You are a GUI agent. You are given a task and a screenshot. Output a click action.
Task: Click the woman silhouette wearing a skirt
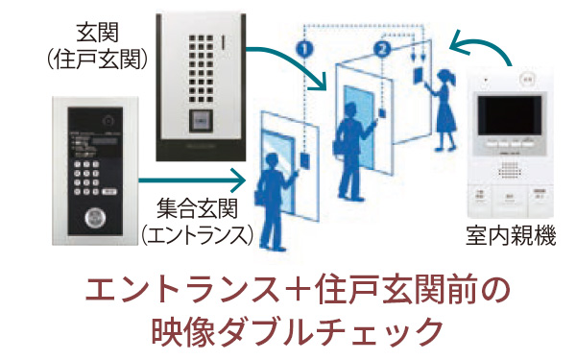point(444,109)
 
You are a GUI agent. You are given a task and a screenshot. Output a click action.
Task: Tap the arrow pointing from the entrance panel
point(191,177)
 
